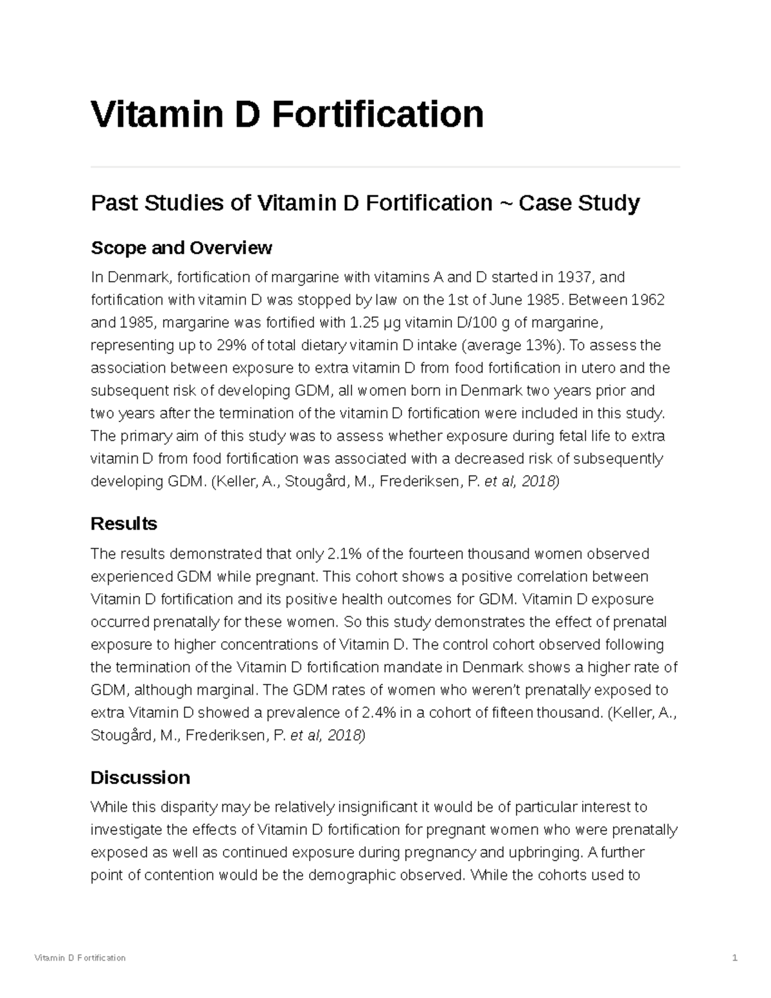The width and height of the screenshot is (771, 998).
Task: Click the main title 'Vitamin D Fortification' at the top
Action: pyautogui.click(x=287, y=114)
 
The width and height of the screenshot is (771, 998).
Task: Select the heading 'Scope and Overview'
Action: pyautogui.click(x=181, y=247)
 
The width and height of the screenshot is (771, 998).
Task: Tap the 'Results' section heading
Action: pyautogui.click(x=124, y=524)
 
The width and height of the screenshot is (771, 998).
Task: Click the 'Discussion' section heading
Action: pyautogui.click(x=140, y=778)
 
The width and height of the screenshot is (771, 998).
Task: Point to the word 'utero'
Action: pyautogui.click(x=599, y=368)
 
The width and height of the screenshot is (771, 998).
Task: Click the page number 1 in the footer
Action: pyautogui.click(x=734, y=958)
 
